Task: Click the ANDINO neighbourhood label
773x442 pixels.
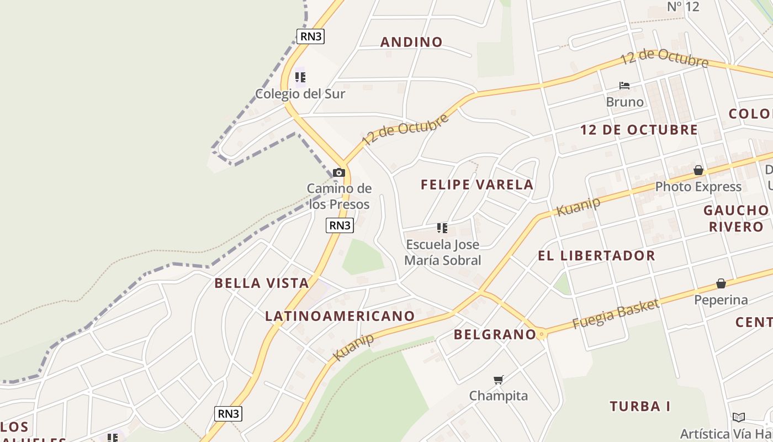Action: coord(411,42)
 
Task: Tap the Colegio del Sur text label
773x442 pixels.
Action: coord(300,94)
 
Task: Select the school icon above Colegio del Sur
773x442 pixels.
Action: coord(300,77)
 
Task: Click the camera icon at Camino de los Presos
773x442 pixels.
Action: coord(339,173)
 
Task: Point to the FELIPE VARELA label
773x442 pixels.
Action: coord(477,185)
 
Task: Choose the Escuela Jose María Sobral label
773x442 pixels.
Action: coord(443,252)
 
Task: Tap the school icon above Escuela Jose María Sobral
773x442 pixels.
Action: coord(442,228)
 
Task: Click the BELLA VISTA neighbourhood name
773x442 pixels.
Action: coord(261,283)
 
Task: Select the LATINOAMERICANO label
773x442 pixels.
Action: coord(340,316)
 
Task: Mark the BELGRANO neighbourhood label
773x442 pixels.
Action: coord(495,334)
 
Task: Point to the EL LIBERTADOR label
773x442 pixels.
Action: coord(596,256)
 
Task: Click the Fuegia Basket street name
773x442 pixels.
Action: coord(616,314)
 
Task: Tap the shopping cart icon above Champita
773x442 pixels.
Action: coord(498,380)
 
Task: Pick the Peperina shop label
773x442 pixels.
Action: coord(721,300)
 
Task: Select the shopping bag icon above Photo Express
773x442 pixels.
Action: coord(698,170)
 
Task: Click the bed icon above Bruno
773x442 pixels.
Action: coord(624,86)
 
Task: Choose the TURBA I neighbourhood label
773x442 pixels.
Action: coord(640,407)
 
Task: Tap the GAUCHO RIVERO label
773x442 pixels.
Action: coord(735,218)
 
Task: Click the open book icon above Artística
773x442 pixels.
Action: coord(739,417)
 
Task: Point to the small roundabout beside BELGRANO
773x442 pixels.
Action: coord(542,334)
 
